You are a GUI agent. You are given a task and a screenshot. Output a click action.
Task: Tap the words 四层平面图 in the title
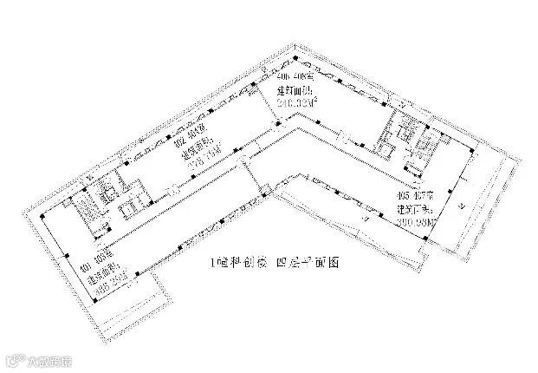click(297, 262)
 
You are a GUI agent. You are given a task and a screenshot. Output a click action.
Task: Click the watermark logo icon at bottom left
click(12, 357)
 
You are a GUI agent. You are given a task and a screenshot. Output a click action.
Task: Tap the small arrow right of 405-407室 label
click(467, 206)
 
